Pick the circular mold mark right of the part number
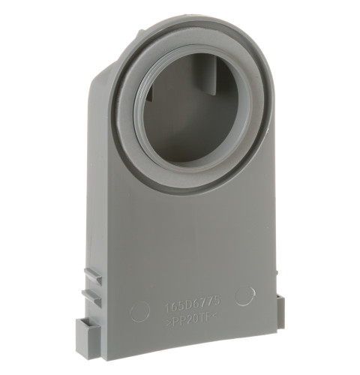click(x=244, y=295)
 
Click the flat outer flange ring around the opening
click(x=247, y=142)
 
